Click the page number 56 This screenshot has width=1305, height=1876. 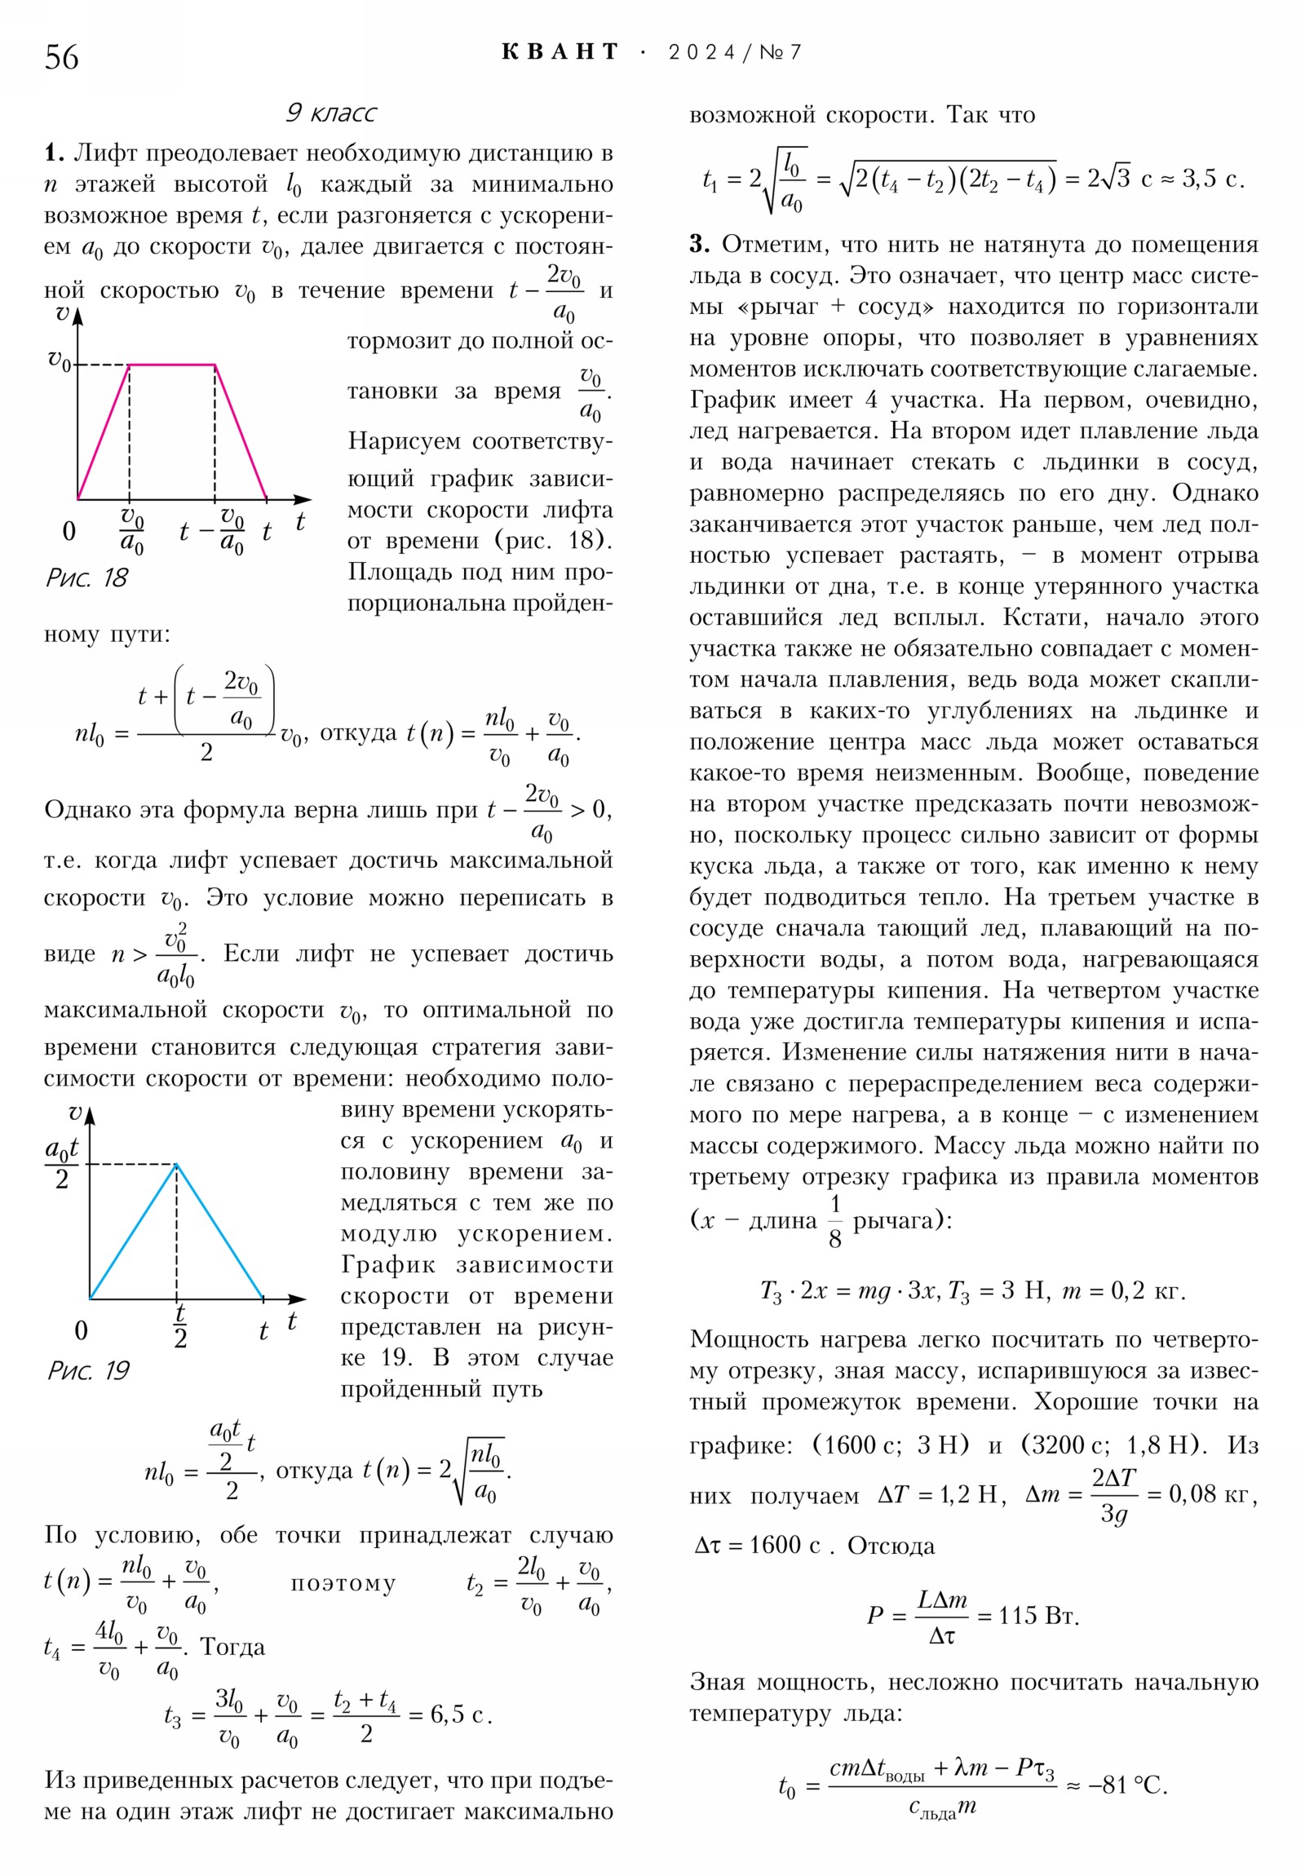pyautogui.click(x=61, y=57)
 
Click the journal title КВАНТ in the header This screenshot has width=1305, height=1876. pyautogui.click(x=560, y=52)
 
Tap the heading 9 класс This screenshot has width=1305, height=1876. pyautogui.click(x=331, y=112)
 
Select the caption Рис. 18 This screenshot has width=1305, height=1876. pyautogui.click(x=87, y=577)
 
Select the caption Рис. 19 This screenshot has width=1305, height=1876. pyautogui.click(x=88, y=1370)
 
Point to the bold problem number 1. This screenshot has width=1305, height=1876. pyautogui.click(x=54, y=153)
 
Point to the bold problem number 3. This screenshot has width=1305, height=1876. pyautogui.click(x=699, y=244)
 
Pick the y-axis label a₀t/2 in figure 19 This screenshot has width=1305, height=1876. pyautogui.click(x=61, y=1162)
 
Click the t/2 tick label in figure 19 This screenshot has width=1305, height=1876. pyautogui.click(x=179, y=1325)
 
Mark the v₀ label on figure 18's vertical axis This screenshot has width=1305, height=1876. pyautogui.click(x=59, y=360)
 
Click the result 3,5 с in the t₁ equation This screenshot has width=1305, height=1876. pyautogui.click(x=1214, y=178)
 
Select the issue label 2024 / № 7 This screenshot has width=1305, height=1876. pyautogui.click(x=735, y=52)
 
